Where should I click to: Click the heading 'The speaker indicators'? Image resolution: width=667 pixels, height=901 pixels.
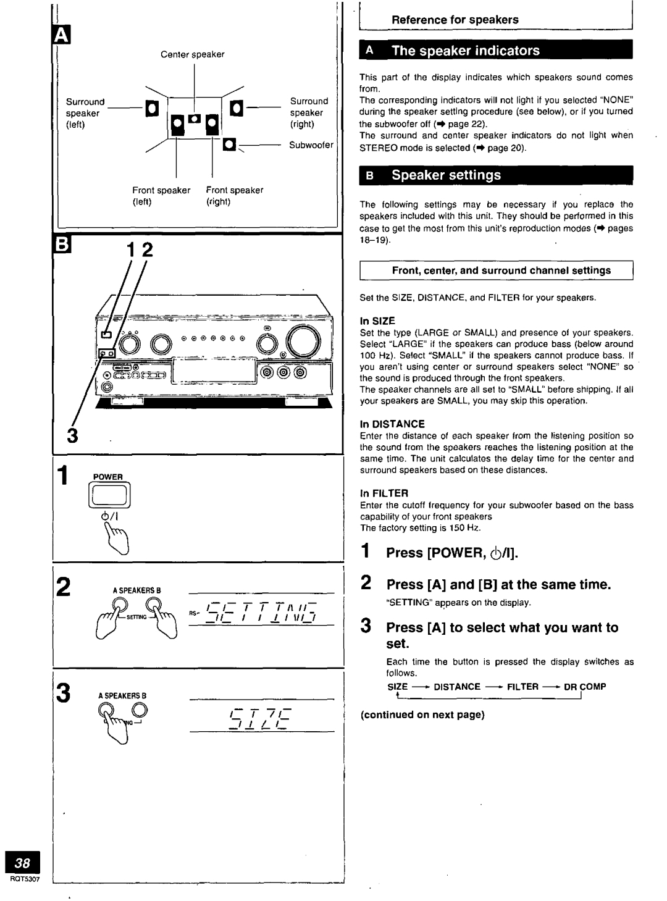(466, 51)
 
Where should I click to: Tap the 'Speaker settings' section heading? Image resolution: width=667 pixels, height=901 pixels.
(447, 175)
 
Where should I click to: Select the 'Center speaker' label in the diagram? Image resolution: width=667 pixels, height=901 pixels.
(193, 54)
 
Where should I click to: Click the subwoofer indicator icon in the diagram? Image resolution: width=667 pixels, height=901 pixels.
(229, 145)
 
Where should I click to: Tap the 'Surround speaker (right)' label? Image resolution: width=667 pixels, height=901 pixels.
(309, 112)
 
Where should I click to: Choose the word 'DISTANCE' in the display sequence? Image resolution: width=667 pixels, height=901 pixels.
(456, 687)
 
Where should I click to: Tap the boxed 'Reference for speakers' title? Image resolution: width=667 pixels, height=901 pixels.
(456, 20)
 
